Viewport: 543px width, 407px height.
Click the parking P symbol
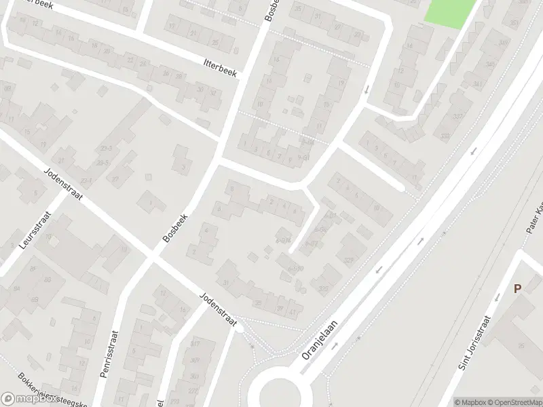tap(517, 288)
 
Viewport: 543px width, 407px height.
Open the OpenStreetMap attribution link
tap(514, 402)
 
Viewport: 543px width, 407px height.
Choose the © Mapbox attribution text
tap(470, 402)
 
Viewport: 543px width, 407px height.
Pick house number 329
tap(348, 260)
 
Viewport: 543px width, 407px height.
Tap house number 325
tap(322, 289)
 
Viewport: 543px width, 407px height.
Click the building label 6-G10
tap(295, 269)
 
